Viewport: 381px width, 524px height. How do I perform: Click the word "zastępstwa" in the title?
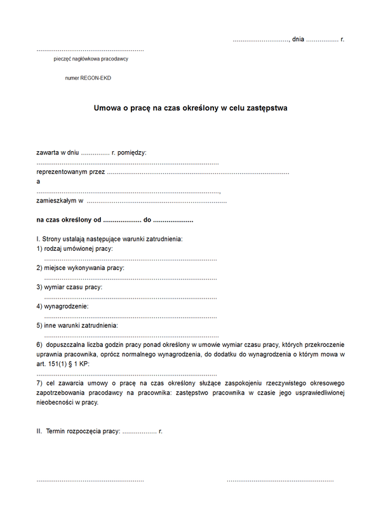(264, 108)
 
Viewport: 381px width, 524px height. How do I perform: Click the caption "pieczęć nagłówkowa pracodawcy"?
(91, 58)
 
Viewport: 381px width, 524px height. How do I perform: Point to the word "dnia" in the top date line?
(298, 39)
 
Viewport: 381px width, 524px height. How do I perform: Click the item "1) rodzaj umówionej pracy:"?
(74, 248)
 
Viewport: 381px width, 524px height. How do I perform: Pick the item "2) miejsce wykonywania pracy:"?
(80, 267)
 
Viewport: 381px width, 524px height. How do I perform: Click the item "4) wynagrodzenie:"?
(62, 306)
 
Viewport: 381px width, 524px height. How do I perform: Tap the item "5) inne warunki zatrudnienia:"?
(77, 325)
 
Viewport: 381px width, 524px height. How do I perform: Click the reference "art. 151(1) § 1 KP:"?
(64, 363)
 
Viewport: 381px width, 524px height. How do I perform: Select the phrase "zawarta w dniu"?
(57, 152)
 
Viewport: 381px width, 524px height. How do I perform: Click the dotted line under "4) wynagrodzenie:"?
(130, 316)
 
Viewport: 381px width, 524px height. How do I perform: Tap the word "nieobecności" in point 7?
(55, 402)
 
